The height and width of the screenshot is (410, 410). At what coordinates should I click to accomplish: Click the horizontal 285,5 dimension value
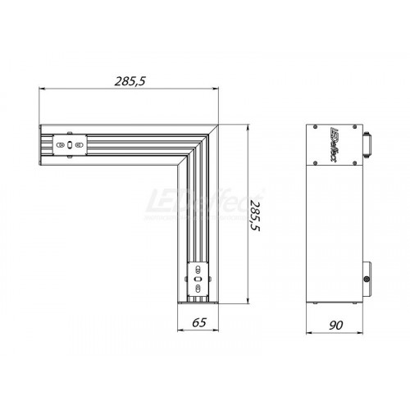[x=130, y=81]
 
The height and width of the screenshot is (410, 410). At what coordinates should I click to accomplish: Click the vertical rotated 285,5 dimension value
[x=254, y=216]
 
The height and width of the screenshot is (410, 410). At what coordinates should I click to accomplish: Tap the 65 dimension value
[x=199, y=322]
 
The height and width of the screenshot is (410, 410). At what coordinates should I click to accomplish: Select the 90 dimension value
[x=335, y=326]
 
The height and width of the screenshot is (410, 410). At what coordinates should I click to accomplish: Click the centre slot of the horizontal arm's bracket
[x=70, y=145]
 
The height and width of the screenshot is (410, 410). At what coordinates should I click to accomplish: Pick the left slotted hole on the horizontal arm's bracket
[x=61, y=145]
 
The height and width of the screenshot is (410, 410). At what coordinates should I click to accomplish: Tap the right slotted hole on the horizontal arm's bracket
[x=79, y=145]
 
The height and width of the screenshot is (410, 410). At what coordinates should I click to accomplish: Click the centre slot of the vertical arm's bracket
[x=198, y=279]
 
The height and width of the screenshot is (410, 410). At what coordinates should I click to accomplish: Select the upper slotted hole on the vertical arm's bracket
[x=198, y=270]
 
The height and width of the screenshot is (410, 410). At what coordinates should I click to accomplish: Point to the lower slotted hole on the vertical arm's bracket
[x=198, y=288]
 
